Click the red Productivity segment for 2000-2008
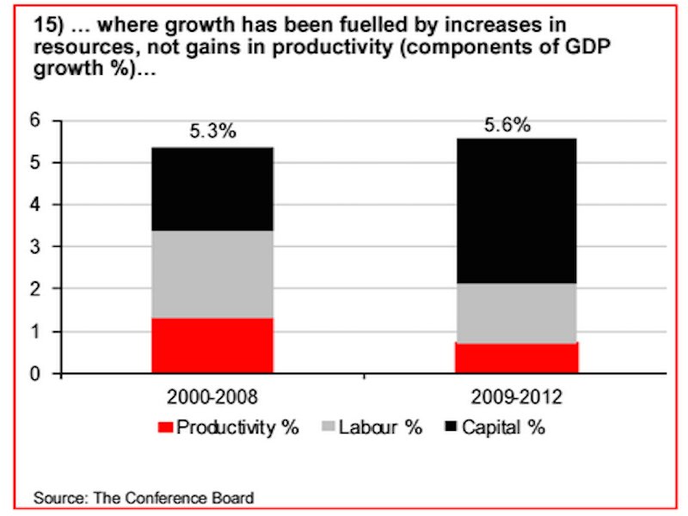point(212,346)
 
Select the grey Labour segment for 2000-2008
point(212,274)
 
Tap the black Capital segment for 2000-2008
point(212,189)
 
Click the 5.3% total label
point(212,133)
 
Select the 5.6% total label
point(507,125)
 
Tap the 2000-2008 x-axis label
point(212,397)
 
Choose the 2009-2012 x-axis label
point(517,397)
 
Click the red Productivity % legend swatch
point(165,427)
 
